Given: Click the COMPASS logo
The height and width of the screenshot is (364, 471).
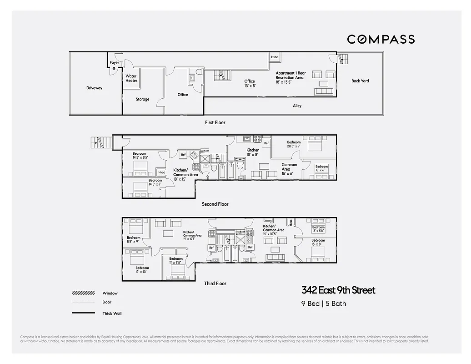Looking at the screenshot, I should (381, 40).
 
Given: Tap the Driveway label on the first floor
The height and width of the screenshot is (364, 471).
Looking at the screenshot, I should (94, 88).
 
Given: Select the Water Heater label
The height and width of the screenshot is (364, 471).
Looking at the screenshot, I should (131, 78).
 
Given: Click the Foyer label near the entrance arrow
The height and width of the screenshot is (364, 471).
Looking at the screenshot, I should (114, 63).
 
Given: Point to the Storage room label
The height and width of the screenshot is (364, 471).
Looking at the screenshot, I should (142, 99).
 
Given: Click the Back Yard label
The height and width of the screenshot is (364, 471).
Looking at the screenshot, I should (360, 81).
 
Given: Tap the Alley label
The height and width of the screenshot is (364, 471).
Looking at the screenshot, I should (297, 106).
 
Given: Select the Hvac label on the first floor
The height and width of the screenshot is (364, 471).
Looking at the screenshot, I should (274, 57).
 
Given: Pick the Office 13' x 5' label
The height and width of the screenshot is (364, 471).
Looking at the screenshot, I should (250, 83).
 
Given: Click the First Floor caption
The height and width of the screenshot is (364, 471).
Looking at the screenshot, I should (215, 122).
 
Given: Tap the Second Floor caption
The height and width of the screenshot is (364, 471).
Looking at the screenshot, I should (215, 204).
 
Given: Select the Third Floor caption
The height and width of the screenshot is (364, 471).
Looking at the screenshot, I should (215, 283).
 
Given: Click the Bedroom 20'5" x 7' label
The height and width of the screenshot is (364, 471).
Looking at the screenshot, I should (294, 145).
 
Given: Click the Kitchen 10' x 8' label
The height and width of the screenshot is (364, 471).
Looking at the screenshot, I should (253, 152).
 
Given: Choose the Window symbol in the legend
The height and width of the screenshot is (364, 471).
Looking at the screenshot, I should (83, 293).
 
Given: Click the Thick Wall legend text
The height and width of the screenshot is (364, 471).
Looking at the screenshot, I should (112, 313).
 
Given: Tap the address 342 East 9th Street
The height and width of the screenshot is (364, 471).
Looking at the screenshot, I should (339, 290).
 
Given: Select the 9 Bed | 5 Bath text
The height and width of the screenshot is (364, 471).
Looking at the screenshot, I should (324, 303).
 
